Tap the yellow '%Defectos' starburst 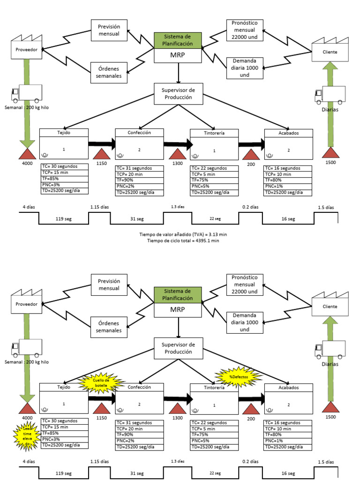238,375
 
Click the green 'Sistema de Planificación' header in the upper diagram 178,40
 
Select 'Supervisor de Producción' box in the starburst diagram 178,347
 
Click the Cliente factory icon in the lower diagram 330,304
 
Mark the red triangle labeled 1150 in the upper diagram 102,154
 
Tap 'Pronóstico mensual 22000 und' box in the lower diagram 244,284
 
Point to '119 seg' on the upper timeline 64,219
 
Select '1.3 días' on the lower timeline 178,461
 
